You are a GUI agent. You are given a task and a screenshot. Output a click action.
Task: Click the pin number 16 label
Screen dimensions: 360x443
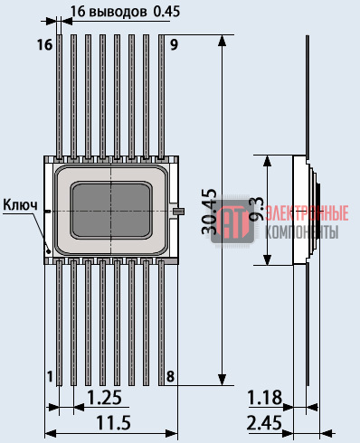click(x=44, y=45)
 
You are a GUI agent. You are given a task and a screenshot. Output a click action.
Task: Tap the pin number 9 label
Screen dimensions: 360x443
click(x=174, y=44)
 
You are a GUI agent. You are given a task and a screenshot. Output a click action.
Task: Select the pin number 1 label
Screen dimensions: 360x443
click(x=50, y=376)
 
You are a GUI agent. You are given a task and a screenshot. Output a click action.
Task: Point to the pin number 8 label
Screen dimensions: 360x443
click(x=170, y=376)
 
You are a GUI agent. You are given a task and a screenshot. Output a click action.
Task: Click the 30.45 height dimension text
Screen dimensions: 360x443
click(x=209, y=212)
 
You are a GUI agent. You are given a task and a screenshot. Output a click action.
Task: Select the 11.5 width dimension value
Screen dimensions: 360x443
click(x=113, y=422)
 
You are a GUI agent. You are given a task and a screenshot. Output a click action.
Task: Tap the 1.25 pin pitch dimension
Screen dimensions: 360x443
click(x=104, y=397)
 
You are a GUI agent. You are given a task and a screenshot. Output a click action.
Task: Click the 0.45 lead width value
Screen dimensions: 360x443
click(x=166, y=12)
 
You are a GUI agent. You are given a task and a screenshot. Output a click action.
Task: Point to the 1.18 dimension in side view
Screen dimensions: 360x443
click(x=264, y=397)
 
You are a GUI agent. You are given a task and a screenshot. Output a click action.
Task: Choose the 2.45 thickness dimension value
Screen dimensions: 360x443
click(x=264, y=422)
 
